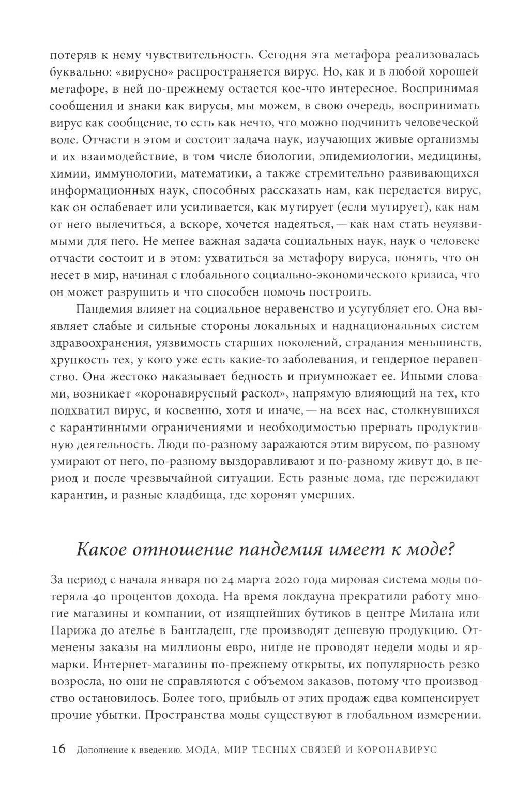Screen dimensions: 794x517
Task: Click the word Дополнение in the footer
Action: (100, 749)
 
